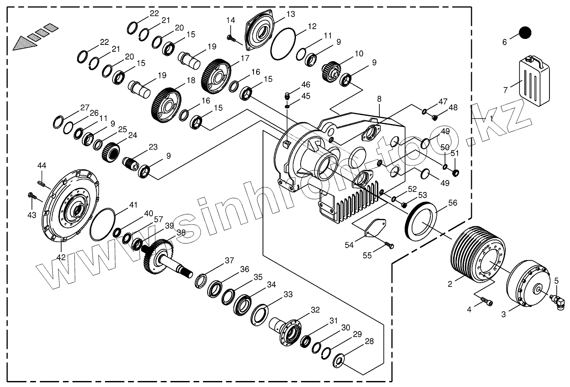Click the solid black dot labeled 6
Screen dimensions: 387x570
coord(525,32)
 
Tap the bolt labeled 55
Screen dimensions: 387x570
coord(389,246)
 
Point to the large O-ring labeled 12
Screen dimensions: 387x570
coord(283,44)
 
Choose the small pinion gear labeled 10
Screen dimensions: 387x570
coord(330,70)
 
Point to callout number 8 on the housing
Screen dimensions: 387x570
coord(379,99)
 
